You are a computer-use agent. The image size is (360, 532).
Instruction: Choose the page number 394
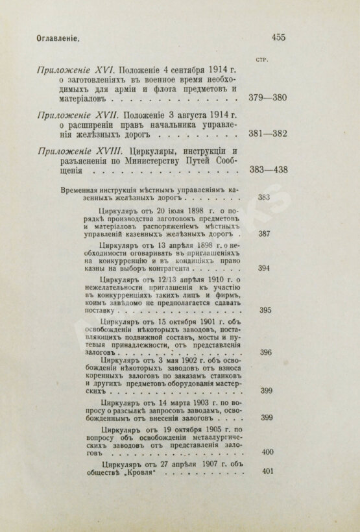264,267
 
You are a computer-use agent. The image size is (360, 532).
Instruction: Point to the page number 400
267,452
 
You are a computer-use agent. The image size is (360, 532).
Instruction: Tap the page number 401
267,472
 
